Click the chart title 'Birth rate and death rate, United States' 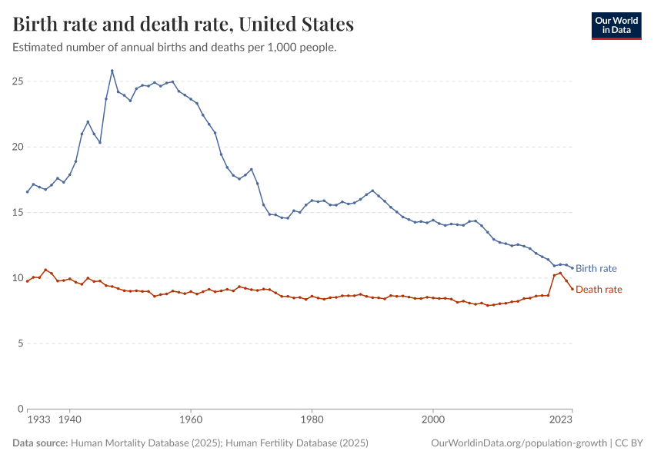pyautogui.click(x=183, y=25)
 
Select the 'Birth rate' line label pyautogui.click(x=596, y=269)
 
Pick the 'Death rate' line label pyautogui.click(x=599, y=290)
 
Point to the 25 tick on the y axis pyautogui.click(x=16, y=81)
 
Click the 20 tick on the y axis pyautogui.click(x=16, y=147)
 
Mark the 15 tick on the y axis pyautogui.click(x=16, y=212)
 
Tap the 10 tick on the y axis pyautogui.click(x=16, y=277)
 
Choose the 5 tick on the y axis pyautogui.click(x=18, y=343)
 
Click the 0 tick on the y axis pyautogui.click(x=18, y=409)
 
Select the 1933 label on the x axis pyautogui.click(x=38, y=420)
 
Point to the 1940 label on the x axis pyautogui.click(x=70, y=420)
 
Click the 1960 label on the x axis pyautogui.click(x=191, y=420)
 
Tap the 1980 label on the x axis pyautogui.click(x=312, y=420)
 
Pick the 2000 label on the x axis pyautogui.click(x=433, y=420)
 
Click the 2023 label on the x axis pyautogui.click(x=561, y=420)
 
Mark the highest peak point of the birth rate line pyautogui.click(x=112, y=71)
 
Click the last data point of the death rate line pyautogui.click(x=572, y=288)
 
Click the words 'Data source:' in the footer pyautogui.click(x=40, y=443)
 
